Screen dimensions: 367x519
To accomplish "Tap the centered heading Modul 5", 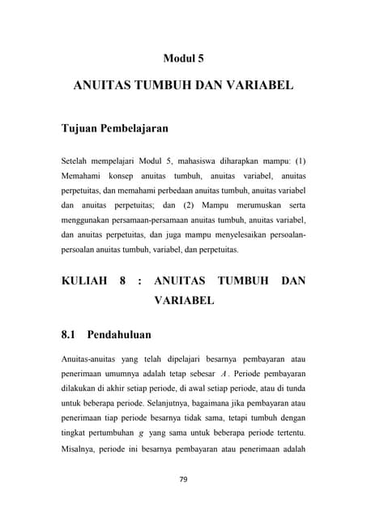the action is (x=183, y=58).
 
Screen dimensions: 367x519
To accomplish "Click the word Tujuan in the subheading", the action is (x=83, y=128).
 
